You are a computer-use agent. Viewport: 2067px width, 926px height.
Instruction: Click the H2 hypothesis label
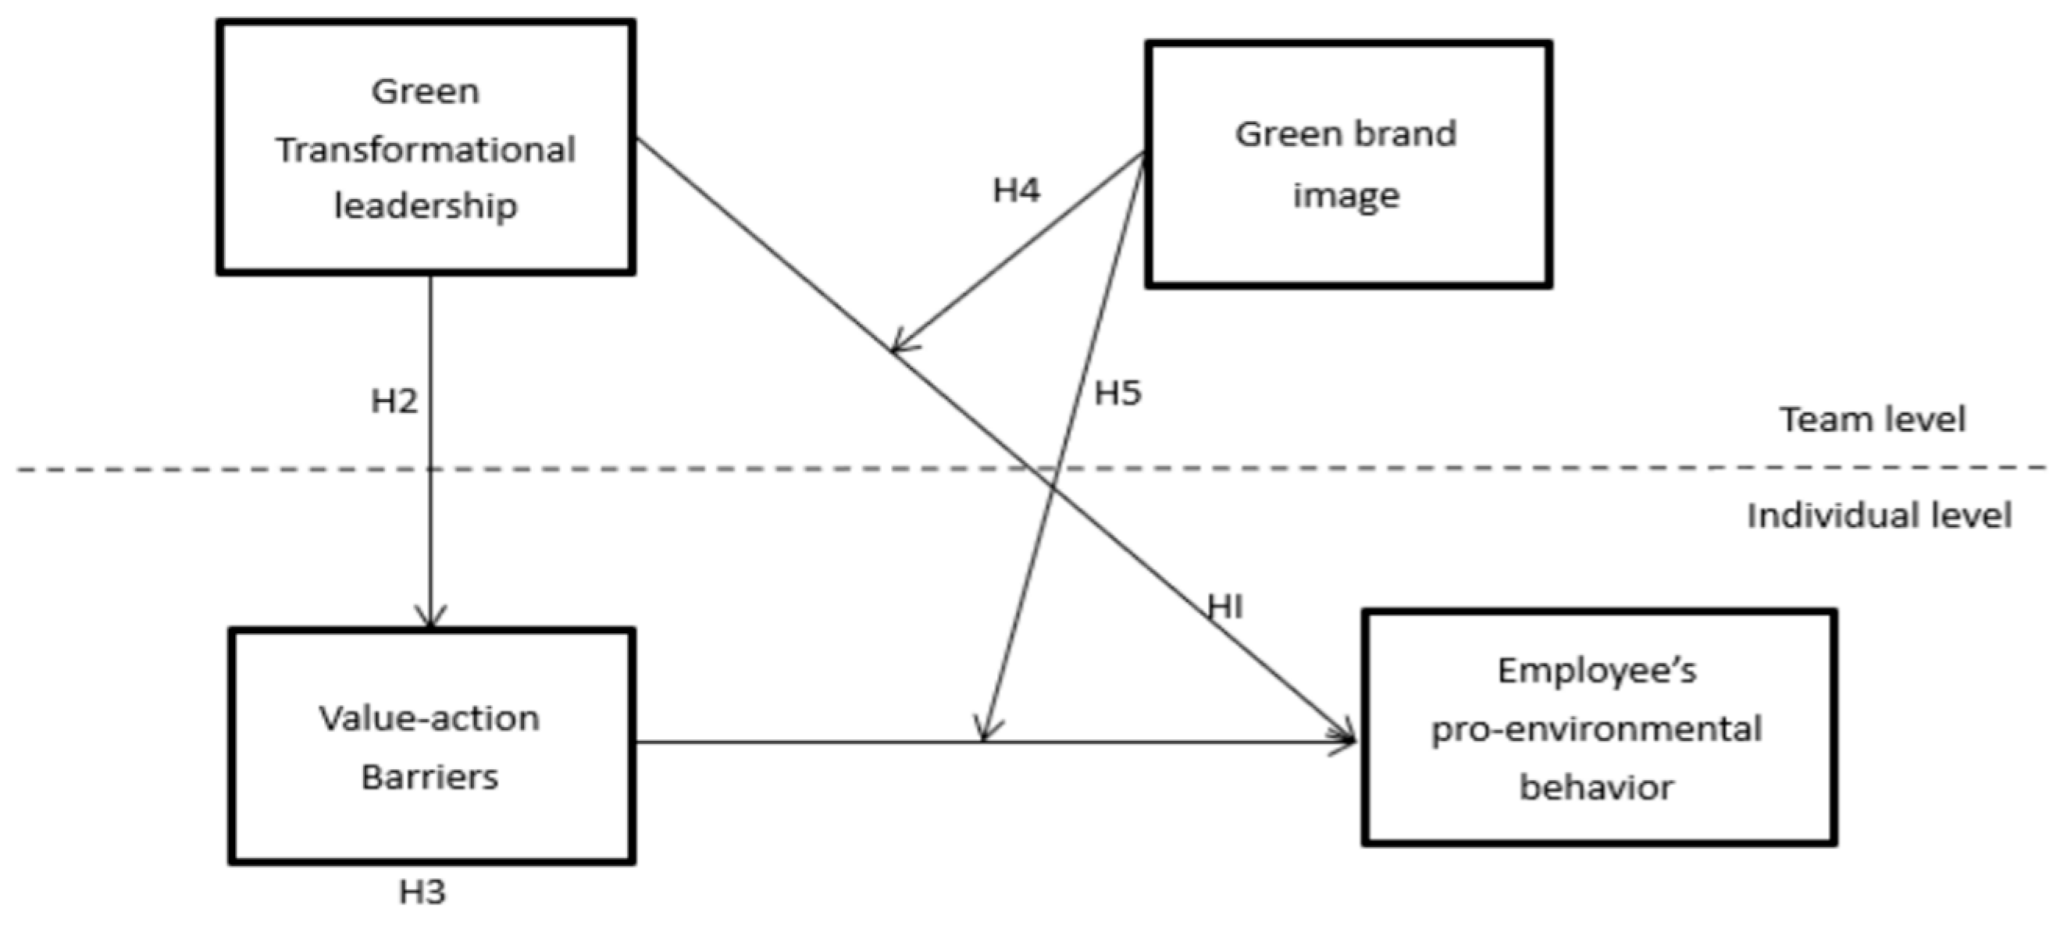[394, 401]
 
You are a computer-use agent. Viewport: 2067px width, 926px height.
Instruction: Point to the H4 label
[1016, 191]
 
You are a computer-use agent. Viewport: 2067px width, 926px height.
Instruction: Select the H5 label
[1117, 394]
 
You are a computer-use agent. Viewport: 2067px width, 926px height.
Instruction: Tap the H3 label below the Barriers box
[422, 892]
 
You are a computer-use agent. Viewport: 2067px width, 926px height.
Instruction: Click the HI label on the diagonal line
[1225, 607]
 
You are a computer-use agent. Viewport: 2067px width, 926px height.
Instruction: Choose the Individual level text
[1880, 515]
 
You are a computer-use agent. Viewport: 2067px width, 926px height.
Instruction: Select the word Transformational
[426, 150]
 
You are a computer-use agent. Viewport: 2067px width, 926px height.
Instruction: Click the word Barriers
[430, 777]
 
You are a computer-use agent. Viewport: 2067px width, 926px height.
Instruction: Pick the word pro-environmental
[1597, 729]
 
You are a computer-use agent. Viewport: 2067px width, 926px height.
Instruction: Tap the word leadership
[426, 206]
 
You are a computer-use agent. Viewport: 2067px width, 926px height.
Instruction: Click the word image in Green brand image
[1345, 196]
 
